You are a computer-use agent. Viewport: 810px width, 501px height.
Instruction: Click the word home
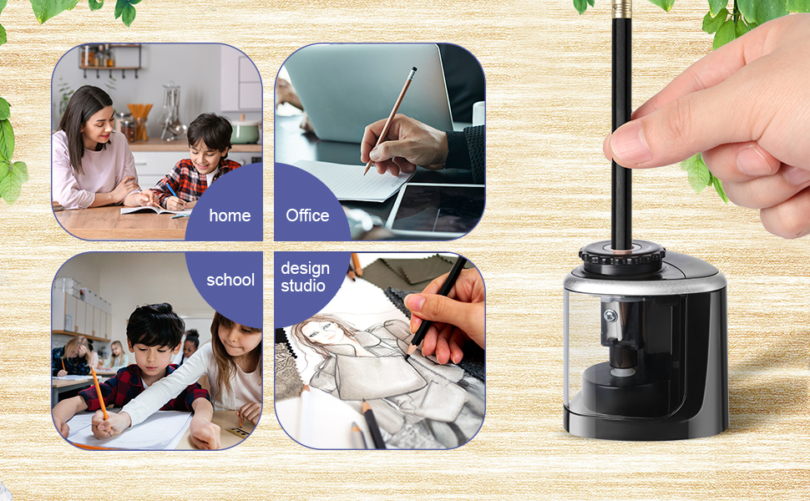click(230, 215)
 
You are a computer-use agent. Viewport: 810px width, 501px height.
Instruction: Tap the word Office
click(307, 215)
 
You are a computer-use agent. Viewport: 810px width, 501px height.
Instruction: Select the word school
click(230, 280)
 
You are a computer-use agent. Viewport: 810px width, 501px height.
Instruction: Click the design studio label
click(305, 277)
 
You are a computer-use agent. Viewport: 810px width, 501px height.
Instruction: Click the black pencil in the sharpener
click(620, 125)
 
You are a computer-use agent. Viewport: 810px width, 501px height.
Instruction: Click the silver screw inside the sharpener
click(610, 316)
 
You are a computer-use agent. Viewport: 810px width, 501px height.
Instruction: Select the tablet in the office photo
click(438, 209)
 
